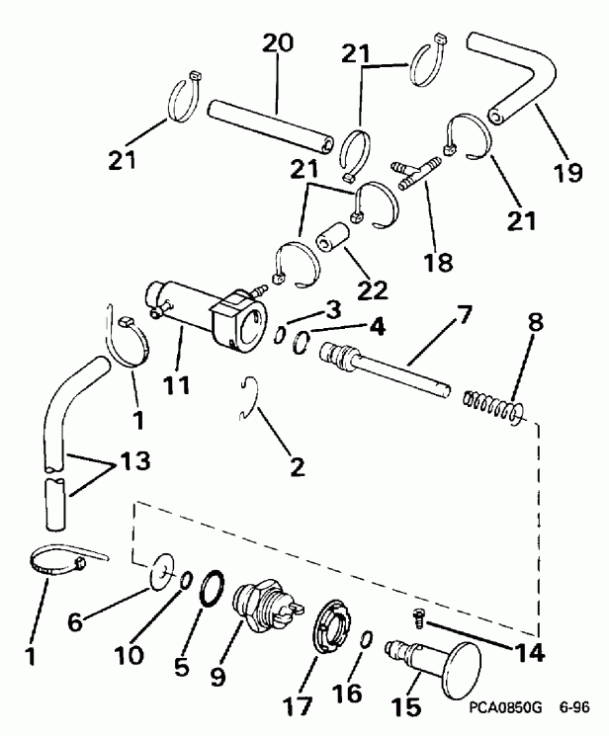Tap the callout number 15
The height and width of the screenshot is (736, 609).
[x=406, y=707]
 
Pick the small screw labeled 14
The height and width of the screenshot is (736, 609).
[x=417, y=620]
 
